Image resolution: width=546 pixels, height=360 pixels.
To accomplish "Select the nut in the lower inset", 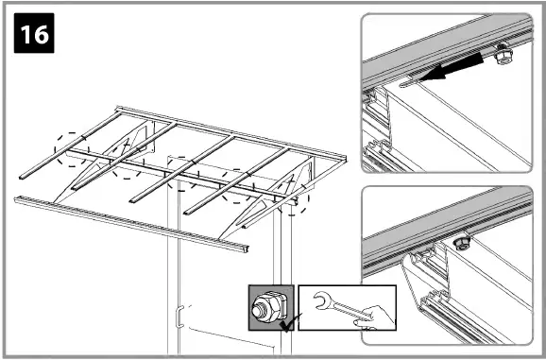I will point(463,243).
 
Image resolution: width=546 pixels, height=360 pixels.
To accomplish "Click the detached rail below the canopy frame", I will point(132,221).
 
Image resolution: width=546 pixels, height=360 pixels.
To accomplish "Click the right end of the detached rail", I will point(244,247).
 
